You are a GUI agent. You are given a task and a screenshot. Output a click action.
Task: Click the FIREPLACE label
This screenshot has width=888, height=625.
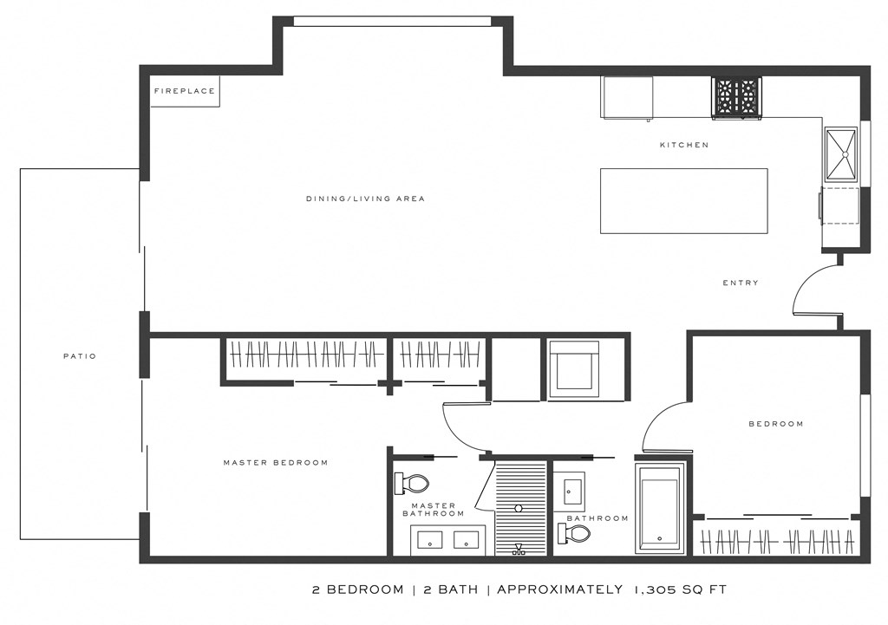(184, 91)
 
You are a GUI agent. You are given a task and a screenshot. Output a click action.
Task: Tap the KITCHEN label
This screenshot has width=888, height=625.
(684, 145)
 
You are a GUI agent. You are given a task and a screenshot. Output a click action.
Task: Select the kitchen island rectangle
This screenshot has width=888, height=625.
(683, 200)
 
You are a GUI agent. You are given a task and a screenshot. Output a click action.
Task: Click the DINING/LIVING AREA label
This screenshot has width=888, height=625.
(365, 199)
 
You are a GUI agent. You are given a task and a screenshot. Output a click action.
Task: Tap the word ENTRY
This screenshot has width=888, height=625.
(740, 283)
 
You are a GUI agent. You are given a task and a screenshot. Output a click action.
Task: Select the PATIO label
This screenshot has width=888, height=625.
(80, 355)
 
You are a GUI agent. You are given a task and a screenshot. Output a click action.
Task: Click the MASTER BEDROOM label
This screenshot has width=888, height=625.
(276, 462)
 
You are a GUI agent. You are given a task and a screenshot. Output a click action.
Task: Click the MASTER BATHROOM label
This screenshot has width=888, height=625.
(433, 510)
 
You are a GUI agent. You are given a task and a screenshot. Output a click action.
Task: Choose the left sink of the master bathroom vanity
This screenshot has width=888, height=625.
(431, 540)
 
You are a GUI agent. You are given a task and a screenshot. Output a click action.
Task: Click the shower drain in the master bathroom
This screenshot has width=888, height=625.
(519, 509)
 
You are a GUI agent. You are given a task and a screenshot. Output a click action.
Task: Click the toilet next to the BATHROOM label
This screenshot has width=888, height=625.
(575, 533)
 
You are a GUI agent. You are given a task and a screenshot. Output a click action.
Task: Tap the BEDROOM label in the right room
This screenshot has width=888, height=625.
(775, 424)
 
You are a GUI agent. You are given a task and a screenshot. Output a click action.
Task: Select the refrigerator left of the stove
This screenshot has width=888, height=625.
(628, 96)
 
